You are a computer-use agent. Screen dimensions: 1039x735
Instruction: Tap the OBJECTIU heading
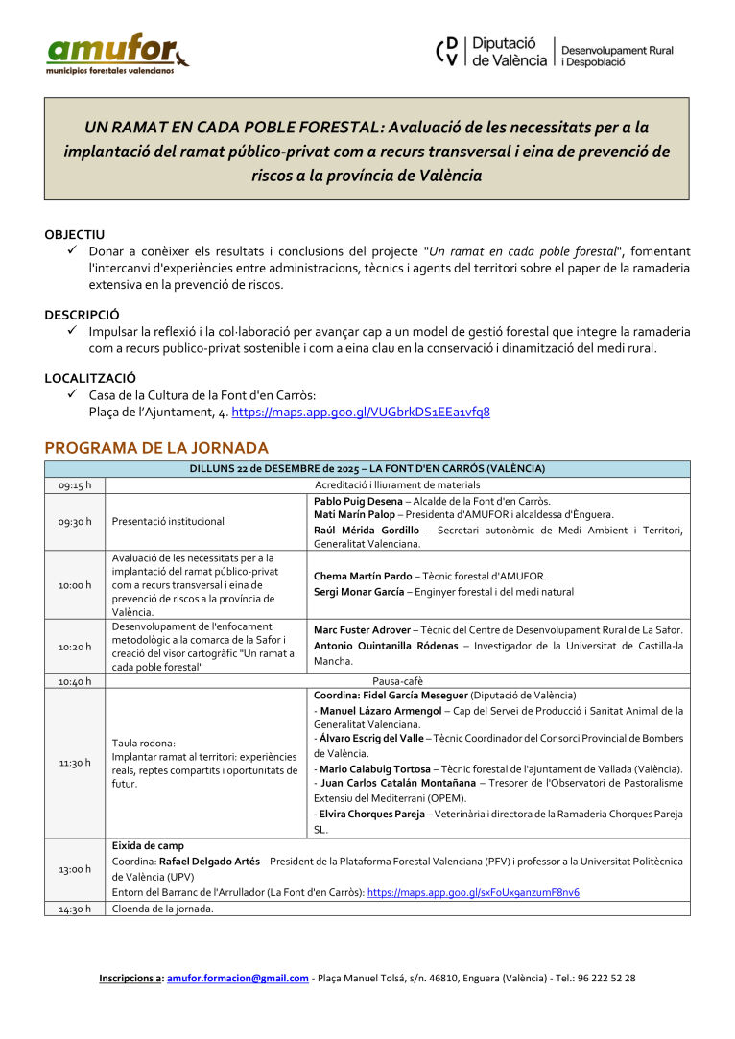(x=74, y=234)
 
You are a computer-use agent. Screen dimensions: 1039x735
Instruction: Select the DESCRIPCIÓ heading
(x=82, y=314)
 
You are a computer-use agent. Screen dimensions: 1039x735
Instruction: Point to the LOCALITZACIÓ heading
(x=90, y=378)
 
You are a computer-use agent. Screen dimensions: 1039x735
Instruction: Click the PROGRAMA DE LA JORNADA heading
(x=156, y=448)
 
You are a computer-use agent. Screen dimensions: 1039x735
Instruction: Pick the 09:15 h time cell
(x=75, y=485)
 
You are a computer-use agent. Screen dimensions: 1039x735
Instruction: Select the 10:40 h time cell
(x=75, y=681)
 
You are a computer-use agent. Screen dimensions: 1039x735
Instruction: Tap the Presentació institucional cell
(x=168, y=521)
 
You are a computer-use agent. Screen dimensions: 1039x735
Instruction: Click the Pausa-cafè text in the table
(x=397, y=681)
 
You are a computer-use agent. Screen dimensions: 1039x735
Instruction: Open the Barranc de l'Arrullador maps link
(x=473, y=892)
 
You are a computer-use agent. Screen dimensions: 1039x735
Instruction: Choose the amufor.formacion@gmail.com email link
(x=238, y=979)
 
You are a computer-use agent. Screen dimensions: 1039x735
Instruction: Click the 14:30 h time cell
(x=75, y=909)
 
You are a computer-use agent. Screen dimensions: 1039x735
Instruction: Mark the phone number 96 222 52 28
(x=603, y=979)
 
